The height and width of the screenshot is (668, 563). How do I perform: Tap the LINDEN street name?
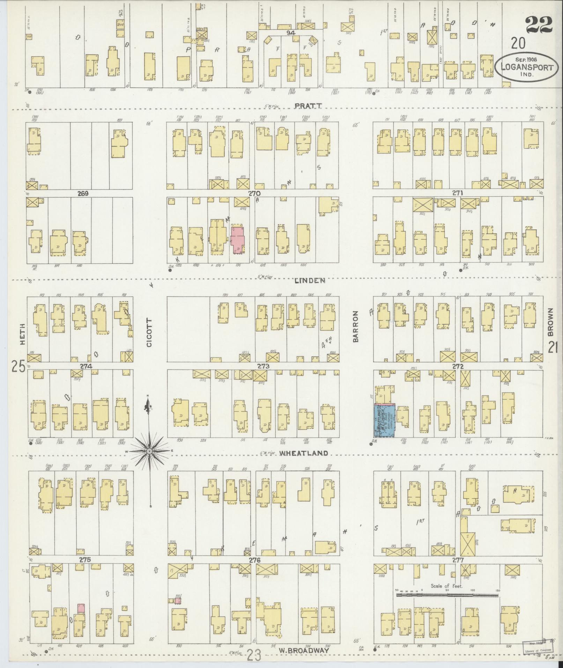(310, 280)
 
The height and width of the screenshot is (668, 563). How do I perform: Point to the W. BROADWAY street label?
(304, 651)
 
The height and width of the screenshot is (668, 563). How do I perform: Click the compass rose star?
(149, 451)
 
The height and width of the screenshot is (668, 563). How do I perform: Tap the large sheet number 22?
(539, 24)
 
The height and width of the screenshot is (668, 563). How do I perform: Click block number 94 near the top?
(291, 33)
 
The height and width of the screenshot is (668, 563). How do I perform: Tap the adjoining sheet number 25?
(18, 367)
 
